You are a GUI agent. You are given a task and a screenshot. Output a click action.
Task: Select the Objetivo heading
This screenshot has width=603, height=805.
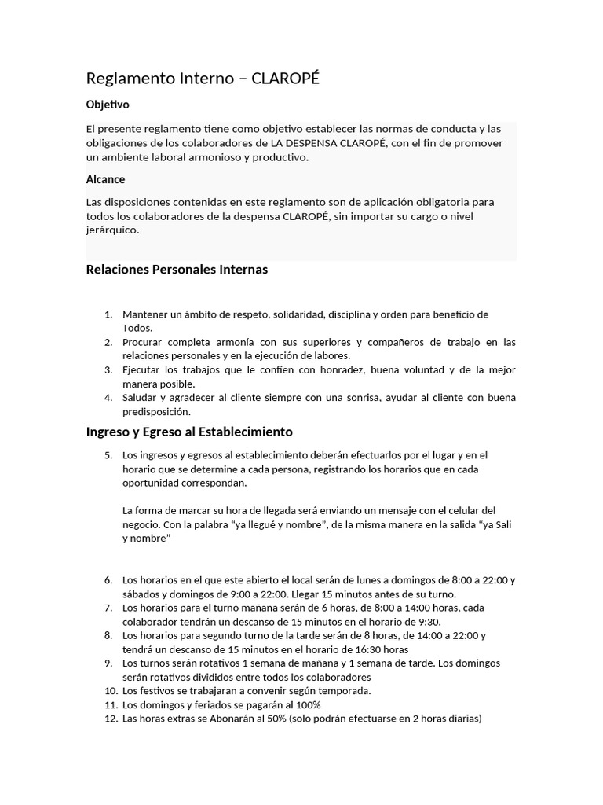108,104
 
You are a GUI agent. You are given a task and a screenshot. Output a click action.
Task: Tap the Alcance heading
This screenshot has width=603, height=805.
105,179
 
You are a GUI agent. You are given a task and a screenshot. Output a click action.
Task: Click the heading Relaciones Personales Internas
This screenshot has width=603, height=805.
177,270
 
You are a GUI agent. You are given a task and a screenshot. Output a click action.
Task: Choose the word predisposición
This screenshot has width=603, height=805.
156,411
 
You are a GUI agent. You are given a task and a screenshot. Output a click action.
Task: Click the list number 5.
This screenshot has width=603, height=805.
109,455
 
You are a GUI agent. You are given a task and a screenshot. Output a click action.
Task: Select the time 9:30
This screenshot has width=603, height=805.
429,622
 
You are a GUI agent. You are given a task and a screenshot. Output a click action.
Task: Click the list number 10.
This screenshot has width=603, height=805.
110,691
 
